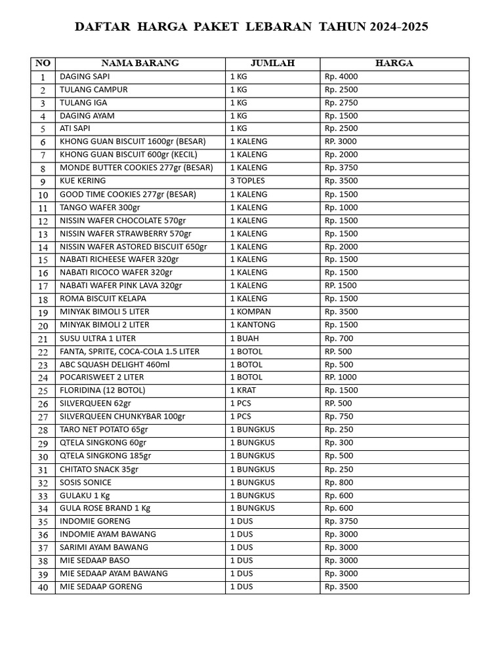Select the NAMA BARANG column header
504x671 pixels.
(140, 64)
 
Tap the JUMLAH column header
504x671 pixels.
(272, 64)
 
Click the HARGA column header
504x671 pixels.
(394, 64)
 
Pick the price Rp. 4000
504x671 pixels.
(341, 77)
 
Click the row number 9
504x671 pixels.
(43, 182)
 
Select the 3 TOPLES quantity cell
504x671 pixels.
(248, 181)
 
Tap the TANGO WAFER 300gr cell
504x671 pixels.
(100, 207)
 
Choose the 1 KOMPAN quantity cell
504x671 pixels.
(250, 312)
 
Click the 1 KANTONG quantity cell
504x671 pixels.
(253, 325)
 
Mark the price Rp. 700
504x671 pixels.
(339, 338)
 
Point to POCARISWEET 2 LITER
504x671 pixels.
(102, 377)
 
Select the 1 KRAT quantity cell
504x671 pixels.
(244, 391)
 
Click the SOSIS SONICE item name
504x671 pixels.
(85, 482)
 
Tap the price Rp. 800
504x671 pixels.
(339, 482)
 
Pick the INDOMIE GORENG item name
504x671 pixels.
(95, 522)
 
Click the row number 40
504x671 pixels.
(43, 588)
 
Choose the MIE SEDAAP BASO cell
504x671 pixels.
(94, 561)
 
